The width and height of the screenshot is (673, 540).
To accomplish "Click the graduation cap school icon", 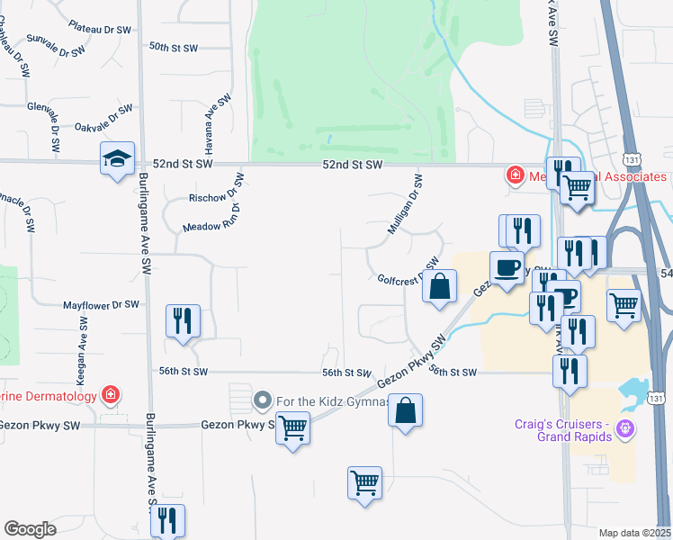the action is click(x=117, y=159).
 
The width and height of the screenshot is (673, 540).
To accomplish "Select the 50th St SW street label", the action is click(x=173, y=46).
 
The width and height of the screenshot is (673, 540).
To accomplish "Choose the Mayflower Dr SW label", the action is click(x=101, y=305).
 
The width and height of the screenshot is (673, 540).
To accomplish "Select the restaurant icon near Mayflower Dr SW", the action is click(x=183, y=320).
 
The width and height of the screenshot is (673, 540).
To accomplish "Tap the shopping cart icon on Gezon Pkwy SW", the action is click(x=292, y=428).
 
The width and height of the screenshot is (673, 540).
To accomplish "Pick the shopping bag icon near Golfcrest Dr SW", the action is click(x=440, y=288).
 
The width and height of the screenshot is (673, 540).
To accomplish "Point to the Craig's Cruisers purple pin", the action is click(x=627, y=430).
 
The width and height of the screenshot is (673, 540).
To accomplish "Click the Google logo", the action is click(x=30, y=529).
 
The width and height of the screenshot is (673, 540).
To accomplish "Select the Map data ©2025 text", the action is click(x=634, y=533).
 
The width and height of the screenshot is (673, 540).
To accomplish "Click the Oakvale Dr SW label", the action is click(x=103, y=121).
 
